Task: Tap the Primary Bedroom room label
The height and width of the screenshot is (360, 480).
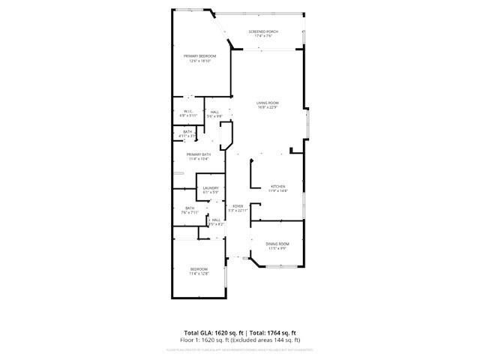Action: click(200, 56)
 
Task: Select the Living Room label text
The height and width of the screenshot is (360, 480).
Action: click(268, 103)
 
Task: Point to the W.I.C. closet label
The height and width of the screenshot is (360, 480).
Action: click(188, 112)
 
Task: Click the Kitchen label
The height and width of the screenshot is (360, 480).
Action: click(278, 186)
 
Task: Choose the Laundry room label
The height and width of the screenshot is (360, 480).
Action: click(210, 188)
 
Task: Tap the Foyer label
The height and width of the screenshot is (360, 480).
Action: click(237, 205)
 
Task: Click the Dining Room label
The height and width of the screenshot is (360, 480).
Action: click(278, 244)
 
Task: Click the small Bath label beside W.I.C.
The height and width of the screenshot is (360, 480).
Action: click(187, 132)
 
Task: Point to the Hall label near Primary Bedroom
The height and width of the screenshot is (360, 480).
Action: click(214, 112)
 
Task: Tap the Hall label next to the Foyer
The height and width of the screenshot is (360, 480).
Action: click(216, 220)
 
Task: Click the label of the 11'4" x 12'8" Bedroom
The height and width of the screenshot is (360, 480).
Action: click(198, 269)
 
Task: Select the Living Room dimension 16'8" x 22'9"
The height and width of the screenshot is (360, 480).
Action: click(268, 107)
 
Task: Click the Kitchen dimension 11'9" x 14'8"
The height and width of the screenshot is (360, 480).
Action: click(278, 190)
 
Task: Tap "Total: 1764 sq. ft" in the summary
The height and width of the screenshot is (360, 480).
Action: click(274, 332)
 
